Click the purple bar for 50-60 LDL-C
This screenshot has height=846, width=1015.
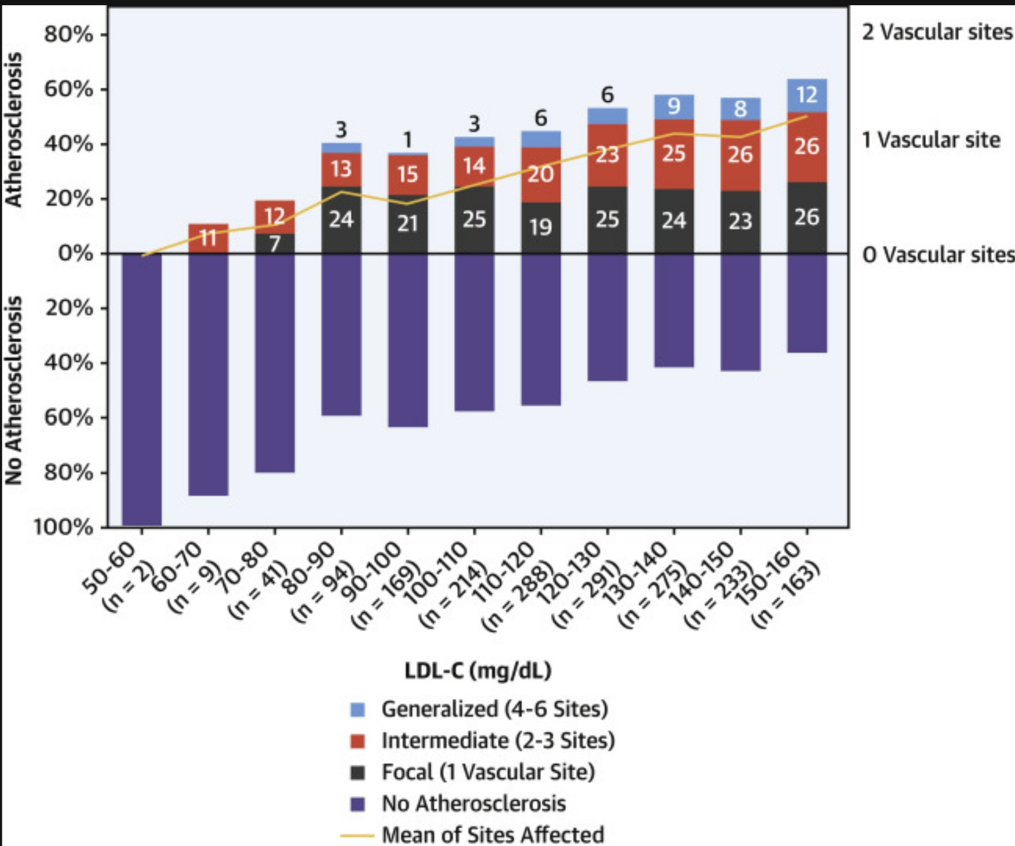pos(142,389)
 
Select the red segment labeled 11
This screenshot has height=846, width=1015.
pos(209,238)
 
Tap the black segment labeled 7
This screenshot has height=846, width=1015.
pos(275,243)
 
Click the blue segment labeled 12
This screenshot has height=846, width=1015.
pos(807,96)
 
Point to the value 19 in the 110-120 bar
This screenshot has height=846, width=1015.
pos(540,227)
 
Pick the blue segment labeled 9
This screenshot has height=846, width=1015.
pos(674,107)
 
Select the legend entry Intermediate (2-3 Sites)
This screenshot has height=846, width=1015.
pos(498,740)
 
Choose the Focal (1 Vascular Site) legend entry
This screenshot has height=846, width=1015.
pos(488,772)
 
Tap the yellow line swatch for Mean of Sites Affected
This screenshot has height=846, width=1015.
pos(357,835)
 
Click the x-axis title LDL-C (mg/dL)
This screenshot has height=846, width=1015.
pos(478,671)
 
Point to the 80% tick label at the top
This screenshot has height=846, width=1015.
pos(68,35)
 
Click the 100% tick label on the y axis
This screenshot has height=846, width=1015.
pos(63,527)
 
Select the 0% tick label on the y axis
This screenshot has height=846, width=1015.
pos(76,253)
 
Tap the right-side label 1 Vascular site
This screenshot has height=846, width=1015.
pos(931,140)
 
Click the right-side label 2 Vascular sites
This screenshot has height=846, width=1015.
pos(937,32)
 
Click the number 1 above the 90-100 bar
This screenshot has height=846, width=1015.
pos(407,140)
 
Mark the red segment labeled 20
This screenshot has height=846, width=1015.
pos(540,175)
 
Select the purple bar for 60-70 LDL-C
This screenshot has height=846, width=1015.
pos(209,374)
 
